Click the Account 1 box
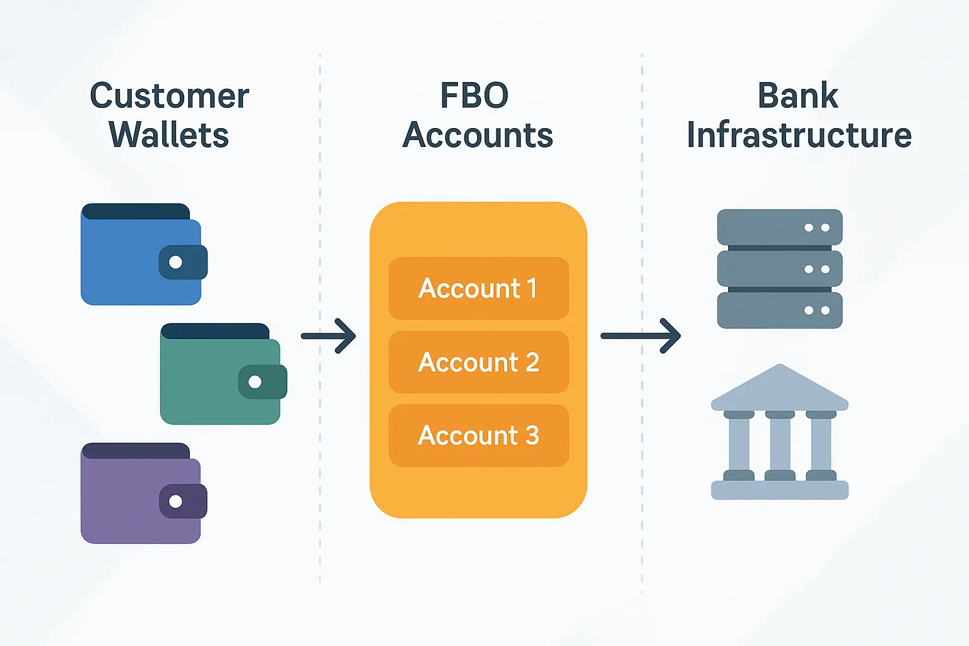(478, 288)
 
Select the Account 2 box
(478, 362)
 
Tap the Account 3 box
(478, 435)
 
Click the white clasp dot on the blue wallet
(176, 262)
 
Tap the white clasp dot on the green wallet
(255, 382)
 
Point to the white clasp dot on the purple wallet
(176, 502)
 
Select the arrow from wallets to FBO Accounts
(329, 336)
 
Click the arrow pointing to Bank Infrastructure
(640, 336)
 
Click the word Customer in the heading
(169, 97)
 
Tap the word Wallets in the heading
(168, 135)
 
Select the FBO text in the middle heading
(474, 97)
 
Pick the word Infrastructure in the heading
(799, 135)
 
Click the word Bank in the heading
(798, 97)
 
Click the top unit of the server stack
(780, 227)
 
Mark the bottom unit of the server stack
(780, 310)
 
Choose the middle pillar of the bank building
(780, 445)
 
